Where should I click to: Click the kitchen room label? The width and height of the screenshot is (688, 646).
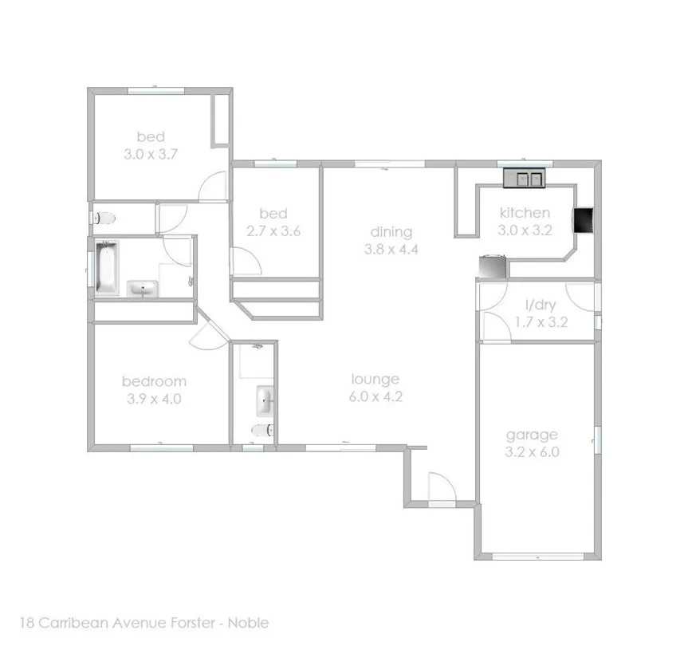tap(524, 212)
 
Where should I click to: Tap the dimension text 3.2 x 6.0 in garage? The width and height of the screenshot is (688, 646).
tap(532, 451)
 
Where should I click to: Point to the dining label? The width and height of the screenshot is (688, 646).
tap(391, 232)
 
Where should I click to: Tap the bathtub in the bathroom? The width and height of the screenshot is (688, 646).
tap(106, 267)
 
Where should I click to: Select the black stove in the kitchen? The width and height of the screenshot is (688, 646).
tap(584, 221)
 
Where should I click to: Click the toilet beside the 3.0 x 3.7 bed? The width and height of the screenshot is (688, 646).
tap(104, 217)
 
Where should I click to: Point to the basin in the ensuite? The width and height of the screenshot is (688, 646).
tap(265, 400)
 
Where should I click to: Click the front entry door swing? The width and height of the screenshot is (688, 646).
tap(440, 485)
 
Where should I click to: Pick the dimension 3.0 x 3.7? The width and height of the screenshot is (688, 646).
tap(150, 155)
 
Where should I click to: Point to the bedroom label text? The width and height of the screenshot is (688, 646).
tap(153, 381)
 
